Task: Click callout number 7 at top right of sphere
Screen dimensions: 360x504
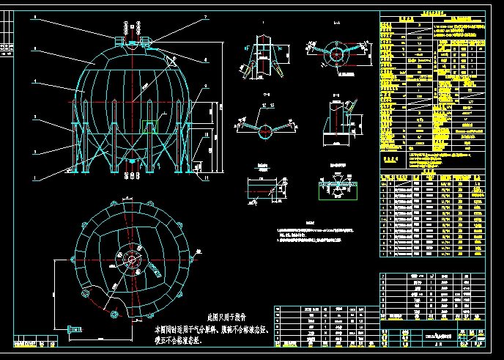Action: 206,16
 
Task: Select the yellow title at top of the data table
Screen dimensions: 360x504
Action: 432,12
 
